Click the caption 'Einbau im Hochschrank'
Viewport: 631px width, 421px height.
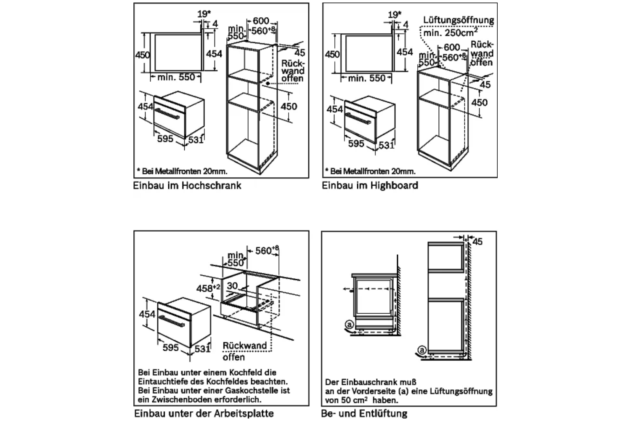pyautogui.click(x=187, y=185)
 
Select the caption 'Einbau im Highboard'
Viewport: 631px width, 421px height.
pyautogui.click(x=370, y=185)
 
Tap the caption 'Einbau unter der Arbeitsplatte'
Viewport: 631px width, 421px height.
pyautogui.click(x=204, y=413)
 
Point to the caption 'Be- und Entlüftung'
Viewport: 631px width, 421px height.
pyautogui.click(x=364, y=413)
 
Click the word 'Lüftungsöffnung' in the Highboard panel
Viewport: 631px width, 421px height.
pyautogui.click(x=459, y=20)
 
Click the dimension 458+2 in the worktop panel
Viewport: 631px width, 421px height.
pyautogui.click(x=208, y=288)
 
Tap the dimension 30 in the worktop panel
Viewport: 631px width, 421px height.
pyautogui.click(x=232, y=286)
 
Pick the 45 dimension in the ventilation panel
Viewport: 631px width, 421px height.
pyautogui.click(x=477, y=242)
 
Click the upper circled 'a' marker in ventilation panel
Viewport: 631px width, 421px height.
pyautogui.click(x=349, y=325)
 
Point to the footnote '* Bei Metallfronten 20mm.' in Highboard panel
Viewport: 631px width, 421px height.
pyautogui.click(x=370, y=171)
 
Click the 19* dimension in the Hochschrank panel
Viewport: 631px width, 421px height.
pyautogui.click(x=204, y=13)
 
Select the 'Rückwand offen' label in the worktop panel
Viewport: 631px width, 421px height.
pyautogui.click(x=244, y=351)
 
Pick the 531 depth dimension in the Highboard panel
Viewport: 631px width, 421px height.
pyautogui.click(x=386, y=145)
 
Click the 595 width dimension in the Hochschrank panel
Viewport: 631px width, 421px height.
pyautogui.click(x=165, y=139)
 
